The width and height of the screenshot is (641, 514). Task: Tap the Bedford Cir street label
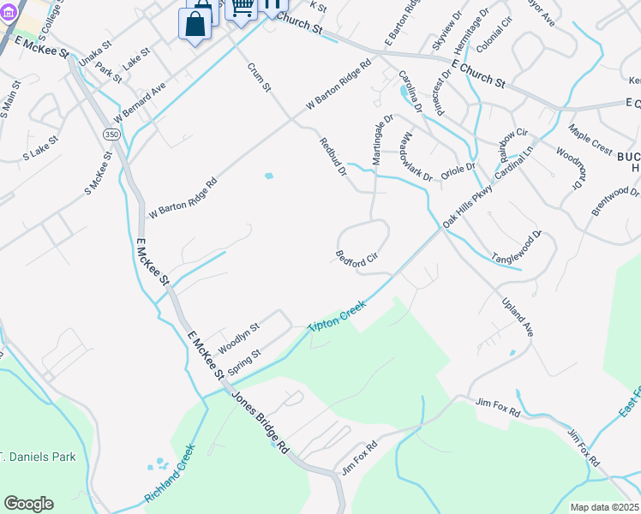[356, 258]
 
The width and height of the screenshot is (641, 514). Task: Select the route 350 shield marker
[111, 135]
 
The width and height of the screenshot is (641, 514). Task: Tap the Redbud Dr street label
[332, 158]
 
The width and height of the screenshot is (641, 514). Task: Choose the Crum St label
[259, 77]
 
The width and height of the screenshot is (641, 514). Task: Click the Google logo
[28, 504]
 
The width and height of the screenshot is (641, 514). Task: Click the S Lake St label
[40, 148]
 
